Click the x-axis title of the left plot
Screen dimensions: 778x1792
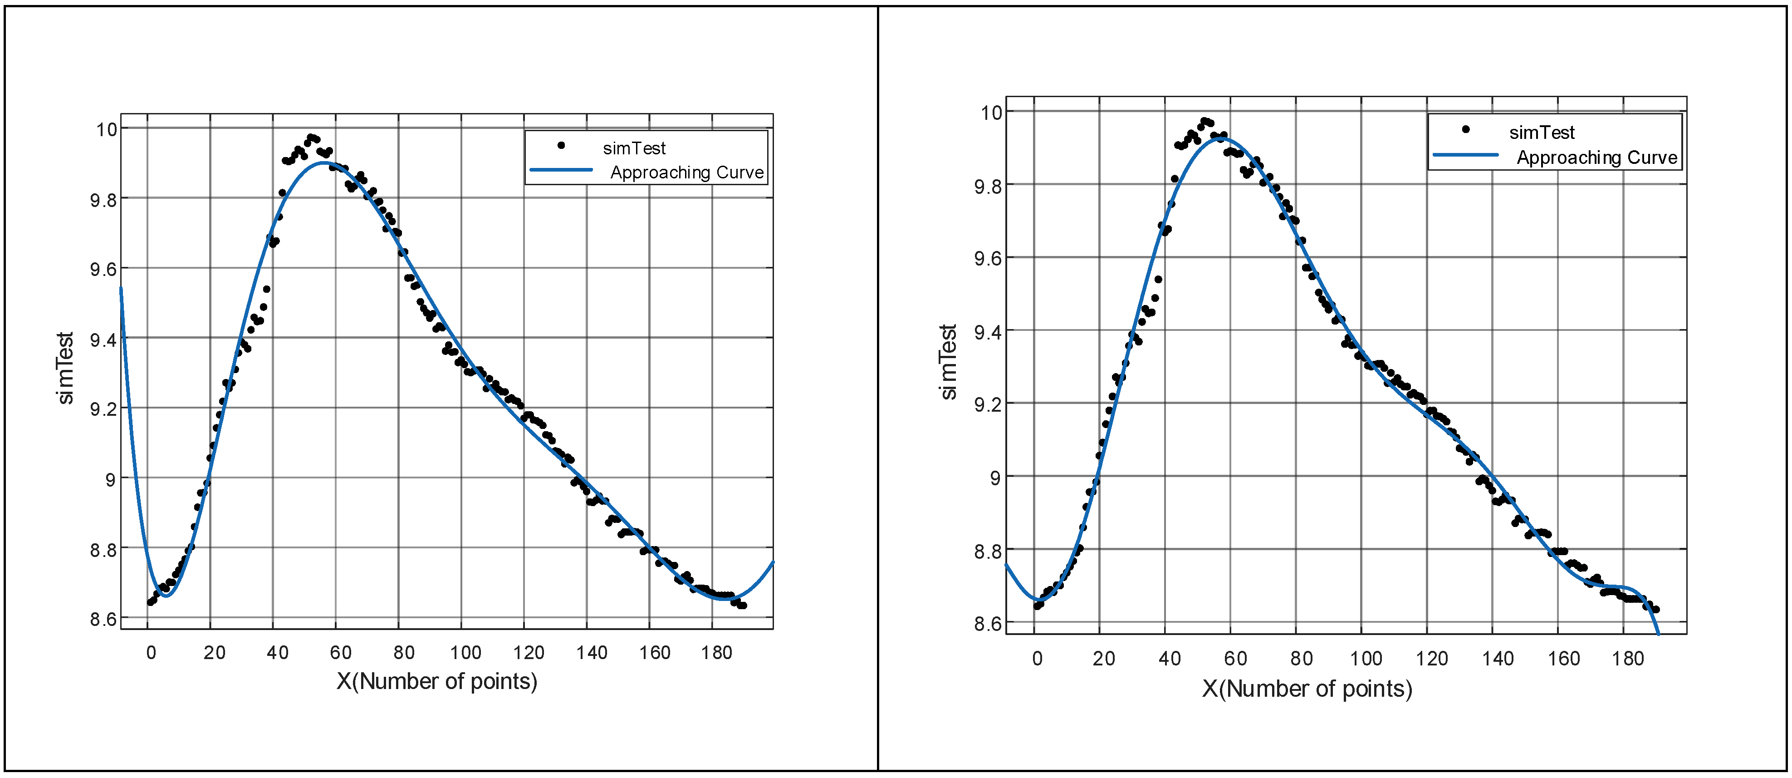click(x=437, y=681)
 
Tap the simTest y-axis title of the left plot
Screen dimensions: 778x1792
click(x=65, y=367)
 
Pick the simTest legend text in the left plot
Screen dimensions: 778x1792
click(x=634, y=148)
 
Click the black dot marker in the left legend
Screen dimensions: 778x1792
click(x=561, y=145)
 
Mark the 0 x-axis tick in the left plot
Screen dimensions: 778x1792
click(x=151, y=653)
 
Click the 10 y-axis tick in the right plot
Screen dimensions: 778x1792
click(x=991, y=113)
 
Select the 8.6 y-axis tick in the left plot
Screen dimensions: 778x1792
click(x=103, y=619)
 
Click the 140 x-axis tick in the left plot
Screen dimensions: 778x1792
click(x=591, y=653)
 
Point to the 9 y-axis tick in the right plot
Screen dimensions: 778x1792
click(x=995, y=478)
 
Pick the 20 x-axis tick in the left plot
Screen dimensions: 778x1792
click(x=214, y=653)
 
